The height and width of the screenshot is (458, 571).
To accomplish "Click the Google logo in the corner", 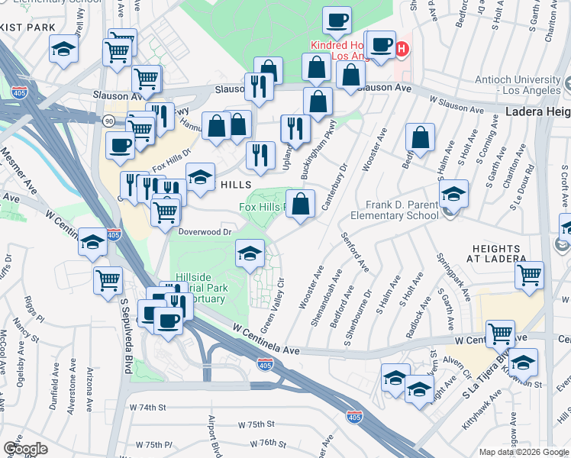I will [25, 449].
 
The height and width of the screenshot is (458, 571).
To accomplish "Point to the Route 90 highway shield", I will [109, 121].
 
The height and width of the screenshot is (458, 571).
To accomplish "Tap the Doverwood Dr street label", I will [205, 231].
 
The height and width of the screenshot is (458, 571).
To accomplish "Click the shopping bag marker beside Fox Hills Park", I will [302, 205].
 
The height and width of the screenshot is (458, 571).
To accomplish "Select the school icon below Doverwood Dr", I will [250, 255].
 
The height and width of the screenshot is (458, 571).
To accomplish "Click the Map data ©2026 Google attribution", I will [524, 452].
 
